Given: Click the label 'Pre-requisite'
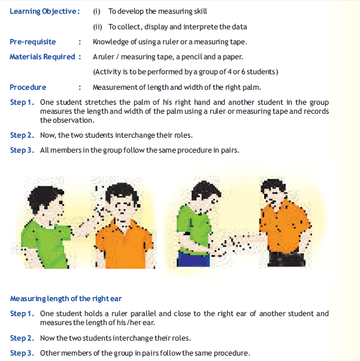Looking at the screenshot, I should pos(33,41).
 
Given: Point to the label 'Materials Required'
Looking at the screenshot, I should pos(43,56).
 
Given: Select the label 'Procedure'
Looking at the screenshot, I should pos(28,87).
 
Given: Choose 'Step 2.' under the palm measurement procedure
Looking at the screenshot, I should pos(22,135).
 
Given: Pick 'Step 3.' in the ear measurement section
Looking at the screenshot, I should pos(22,353).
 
